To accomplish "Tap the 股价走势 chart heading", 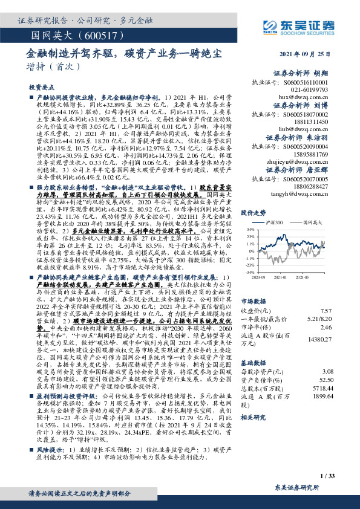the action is [254, 213].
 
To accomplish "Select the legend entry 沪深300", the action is [275, 222].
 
